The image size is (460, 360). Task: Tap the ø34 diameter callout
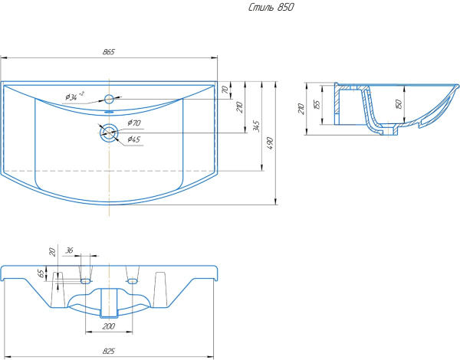click(x=74, y=97)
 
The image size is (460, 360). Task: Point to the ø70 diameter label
click(x=134, y=123)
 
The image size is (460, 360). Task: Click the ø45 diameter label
click(x=133, y=139)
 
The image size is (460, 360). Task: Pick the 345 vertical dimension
click(x=257, y=125)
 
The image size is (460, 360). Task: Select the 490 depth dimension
click(x=271, y=142)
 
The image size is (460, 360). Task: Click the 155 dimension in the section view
click(x=316, y=105)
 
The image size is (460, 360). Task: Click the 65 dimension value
click(x=41, y=273)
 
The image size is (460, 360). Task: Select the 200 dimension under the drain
click(x=110, y=326)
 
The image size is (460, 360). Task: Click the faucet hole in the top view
click(x=109, y=99)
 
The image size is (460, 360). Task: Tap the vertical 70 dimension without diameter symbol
click(x=225, y=90)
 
